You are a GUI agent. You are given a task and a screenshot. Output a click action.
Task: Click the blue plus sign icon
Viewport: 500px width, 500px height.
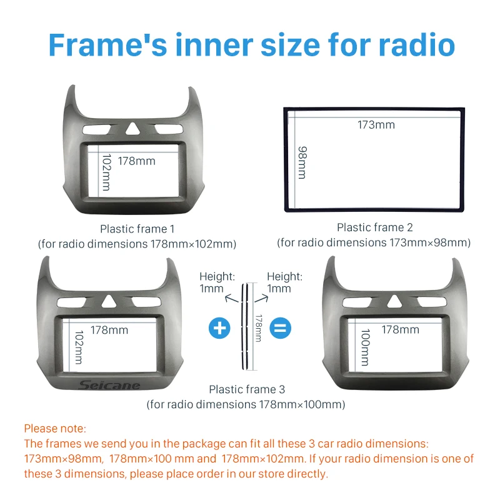pyautogui.click(x=219, y=327)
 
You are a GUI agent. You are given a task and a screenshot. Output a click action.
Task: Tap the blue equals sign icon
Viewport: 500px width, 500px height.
pyautogui.click(x=280, y=327)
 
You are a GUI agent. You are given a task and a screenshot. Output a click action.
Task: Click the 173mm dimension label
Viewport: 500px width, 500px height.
pyautogui.click(x=376, y=124)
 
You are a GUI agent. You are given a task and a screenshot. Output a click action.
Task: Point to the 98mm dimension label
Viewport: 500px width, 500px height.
pyautogui.click(x=302, y=162)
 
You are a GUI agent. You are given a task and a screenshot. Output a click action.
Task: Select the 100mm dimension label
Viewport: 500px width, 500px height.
pyautogui.click(x=365, y=347)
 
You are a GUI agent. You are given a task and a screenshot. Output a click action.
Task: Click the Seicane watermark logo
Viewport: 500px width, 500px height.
pyautogui.click(x=109, y=385)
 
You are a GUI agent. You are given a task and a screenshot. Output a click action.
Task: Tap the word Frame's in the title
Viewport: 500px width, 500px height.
pyautogui.click(x=107, y=45)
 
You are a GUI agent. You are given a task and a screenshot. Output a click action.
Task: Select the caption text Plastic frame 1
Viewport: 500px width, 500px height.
pyautogui.click(x=137, y=229)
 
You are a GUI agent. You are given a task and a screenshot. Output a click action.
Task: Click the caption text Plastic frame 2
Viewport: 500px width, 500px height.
pyautogui.click(x=374, y=227)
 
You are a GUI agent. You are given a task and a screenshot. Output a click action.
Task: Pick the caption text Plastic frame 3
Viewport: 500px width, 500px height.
pyautogui.click(x=247, y=389)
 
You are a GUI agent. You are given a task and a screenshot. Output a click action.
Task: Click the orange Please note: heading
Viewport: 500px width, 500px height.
pyautogui.click(x=55, y=429)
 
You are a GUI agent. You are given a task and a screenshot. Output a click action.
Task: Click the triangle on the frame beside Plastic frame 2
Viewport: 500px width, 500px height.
pyautogui.click(x=132, y=128)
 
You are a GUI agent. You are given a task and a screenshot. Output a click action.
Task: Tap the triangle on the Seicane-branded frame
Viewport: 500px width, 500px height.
pyautogui.click(x=109, y=301)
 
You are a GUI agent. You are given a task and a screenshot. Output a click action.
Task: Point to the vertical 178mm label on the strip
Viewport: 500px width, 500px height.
pyautogui.click(x=259, y=328)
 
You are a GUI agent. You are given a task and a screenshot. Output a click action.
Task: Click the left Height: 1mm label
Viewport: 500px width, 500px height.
pyautogui.click(x=217, y=282)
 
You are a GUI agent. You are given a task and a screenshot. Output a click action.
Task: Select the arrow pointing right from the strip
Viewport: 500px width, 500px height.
pyautogui.click(x=261, y=299)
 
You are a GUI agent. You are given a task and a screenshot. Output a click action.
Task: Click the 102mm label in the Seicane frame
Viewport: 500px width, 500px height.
pyautogui.click(x=79, y=347)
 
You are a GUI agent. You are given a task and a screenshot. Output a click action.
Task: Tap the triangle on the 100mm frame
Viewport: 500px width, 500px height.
pyautogui.click(x=394, y=301)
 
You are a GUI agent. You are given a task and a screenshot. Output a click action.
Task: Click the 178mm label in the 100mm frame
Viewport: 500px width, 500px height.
pyautogui.click(x=401, y=330)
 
